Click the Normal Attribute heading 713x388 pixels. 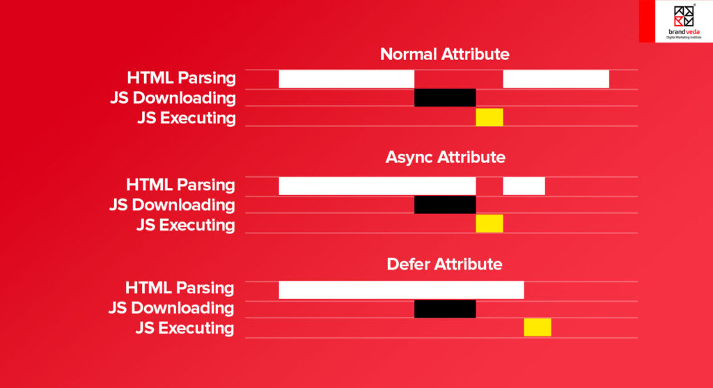[x=444, y=54]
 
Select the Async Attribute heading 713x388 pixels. [x=445, y=157]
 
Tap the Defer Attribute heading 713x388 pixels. [x=444, y=264]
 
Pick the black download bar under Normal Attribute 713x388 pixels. [x=445, y=98]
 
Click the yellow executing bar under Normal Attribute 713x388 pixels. [x=489, y=117]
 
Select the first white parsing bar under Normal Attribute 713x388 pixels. [x=346, y=79]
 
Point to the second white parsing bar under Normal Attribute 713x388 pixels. [x=556, y=79]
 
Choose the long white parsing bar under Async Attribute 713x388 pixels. [x=377, y=186]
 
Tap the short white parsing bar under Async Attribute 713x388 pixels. [x=524, y=186]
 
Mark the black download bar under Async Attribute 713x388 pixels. [x=445, y=205]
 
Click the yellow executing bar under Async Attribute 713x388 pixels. [x=489, y=224]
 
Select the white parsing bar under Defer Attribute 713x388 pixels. [x=401, y=289]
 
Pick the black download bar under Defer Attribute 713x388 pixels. [x=445, y=309]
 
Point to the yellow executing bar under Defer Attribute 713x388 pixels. [x=537, y=327]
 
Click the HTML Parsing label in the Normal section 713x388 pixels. [x=181, y=78]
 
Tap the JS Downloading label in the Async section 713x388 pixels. [x=172, y=205]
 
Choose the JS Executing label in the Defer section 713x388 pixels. [x=185, y=328]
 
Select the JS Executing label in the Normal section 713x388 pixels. [x=186, y=118]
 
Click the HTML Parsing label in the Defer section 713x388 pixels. [x=180, y=288]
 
